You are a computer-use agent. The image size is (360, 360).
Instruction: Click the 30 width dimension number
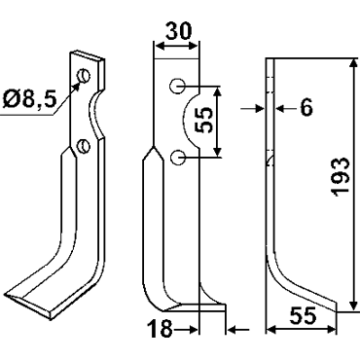179,31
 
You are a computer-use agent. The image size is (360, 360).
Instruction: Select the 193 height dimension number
341,177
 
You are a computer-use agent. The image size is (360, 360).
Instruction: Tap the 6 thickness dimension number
306,108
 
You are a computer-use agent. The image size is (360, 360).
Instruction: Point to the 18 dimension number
160,328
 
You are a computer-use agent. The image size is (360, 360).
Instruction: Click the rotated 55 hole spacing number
204,121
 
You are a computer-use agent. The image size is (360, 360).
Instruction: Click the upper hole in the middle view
177,87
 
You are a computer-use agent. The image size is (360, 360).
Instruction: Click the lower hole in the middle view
177,158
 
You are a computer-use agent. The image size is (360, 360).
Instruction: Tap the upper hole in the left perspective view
84,77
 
